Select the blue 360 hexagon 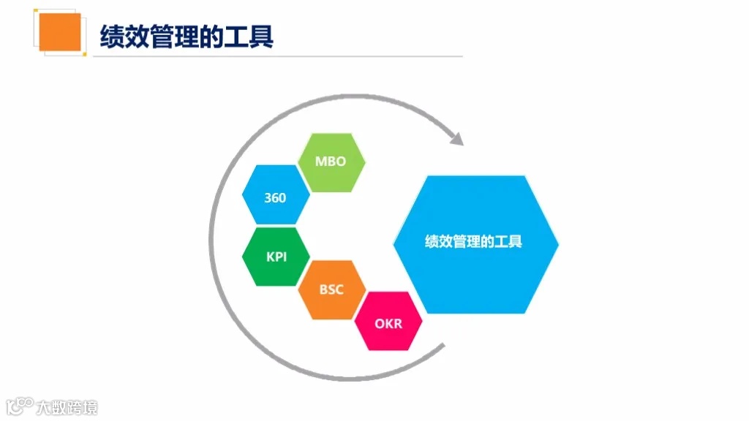point(275,195)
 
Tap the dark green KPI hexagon point(276,257)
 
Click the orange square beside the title point(60,32)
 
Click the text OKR point(388,323)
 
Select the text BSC point(331,289)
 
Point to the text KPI point(276,257)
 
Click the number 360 point(275,198)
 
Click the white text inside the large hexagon point(474,242)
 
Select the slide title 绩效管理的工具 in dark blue point(187,36)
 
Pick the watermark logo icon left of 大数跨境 point(20,406)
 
